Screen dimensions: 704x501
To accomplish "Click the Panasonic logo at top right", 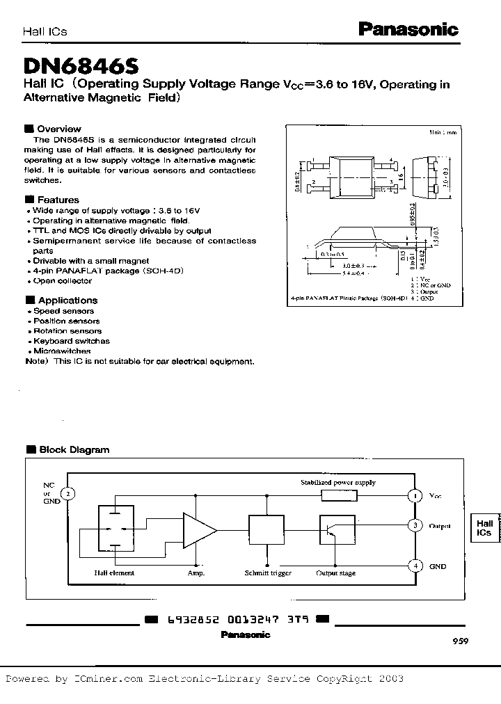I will point(408,29).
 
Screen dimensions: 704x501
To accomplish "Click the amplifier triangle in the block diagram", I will point(198,530).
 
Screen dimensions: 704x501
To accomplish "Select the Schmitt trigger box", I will point(267,530).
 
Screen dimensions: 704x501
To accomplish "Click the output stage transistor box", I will point(337,530).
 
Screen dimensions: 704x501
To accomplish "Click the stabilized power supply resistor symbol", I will point(339,495).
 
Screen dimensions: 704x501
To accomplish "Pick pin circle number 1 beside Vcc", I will point(415,495).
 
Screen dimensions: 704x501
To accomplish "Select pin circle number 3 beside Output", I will point(415,525).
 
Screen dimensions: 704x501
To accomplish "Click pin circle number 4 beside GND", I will point(415,566).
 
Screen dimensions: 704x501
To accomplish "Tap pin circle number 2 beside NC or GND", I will point(67,494).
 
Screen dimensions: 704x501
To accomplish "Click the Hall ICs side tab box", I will point(485,527).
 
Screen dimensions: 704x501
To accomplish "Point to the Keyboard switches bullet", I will point(71,341).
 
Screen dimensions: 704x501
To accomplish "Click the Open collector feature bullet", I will point(62,280).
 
